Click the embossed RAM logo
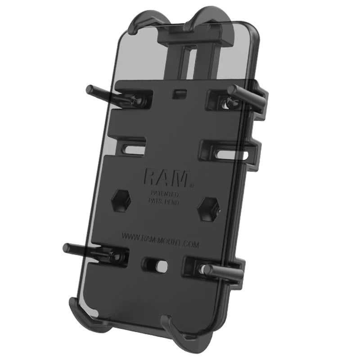[x=165, y=177]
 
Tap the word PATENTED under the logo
[x=164, y=194]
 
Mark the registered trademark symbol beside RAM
[x=192, y=185]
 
